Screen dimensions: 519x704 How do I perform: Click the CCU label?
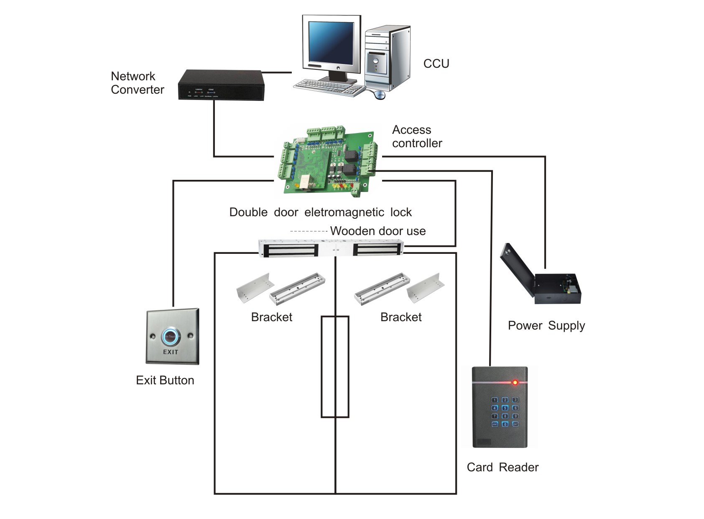[436, 64]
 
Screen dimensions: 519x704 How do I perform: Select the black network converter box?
[221, 85]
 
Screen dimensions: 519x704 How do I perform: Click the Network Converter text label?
[137, 83]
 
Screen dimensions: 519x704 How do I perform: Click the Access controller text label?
[417, 137]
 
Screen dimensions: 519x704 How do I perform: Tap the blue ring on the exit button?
[171, 336]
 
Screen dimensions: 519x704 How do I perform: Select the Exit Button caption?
[165, 380]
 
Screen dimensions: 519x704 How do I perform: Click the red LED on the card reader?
[515, 382]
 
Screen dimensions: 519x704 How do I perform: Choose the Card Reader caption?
[502, 467]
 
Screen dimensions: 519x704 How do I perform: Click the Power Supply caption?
[546, 325]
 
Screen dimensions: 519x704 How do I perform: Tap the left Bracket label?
[272, 317]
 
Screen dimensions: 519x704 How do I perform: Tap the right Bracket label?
[401, 317]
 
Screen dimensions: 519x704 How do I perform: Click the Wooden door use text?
[378, 231]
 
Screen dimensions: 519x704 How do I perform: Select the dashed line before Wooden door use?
[309, 231]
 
